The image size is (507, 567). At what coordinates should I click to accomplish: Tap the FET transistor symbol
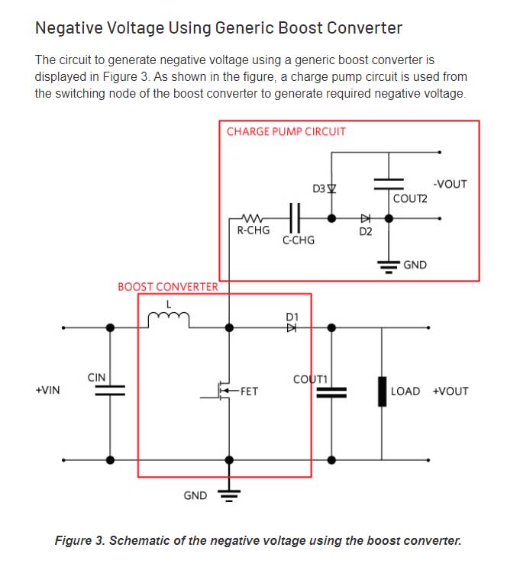pos(222,391)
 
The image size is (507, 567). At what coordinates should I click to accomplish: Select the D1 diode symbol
pos(291,328)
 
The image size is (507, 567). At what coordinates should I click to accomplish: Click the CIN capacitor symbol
pos(110,391)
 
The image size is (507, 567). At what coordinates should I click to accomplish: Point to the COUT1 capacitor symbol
pos(331,392)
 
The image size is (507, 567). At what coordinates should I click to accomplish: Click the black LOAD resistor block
pos(381,391)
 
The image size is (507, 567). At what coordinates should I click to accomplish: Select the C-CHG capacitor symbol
pos(296,217)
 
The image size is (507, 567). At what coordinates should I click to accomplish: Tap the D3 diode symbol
pos(331,188)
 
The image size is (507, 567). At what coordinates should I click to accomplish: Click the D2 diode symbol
pos(366,217)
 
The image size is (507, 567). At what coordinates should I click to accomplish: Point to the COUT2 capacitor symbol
pos(389,182)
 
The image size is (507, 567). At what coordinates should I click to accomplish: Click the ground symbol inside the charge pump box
pos(389,266)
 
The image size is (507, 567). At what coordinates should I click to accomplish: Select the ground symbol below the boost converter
pos(229,494)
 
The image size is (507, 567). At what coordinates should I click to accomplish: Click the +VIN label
pos(47,391)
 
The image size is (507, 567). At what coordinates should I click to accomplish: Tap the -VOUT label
pos(450,184)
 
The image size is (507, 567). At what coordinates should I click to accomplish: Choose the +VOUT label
pos(450,391)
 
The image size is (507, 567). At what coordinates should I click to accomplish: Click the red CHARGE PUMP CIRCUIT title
pos(286,131)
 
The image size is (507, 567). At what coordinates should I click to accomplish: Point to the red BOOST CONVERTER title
pos(167,287)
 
